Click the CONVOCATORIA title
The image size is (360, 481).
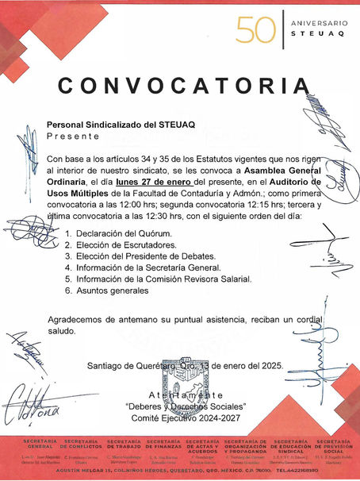tap(185, 85)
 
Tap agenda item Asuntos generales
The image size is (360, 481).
tap(112, 291)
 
